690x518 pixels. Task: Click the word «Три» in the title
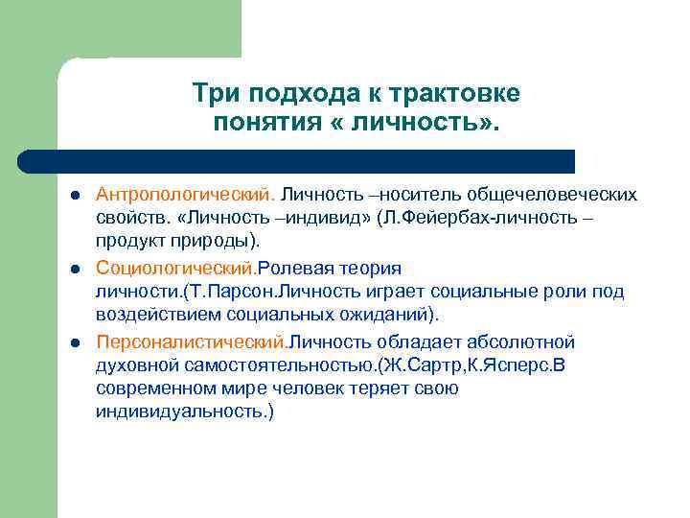click(213, 93)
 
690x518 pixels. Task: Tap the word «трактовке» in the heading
click(461, 93)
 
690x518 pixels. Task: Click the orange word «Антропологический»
click(176, 195)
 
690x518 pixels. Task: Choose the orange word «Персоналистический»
click(191, 342)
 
